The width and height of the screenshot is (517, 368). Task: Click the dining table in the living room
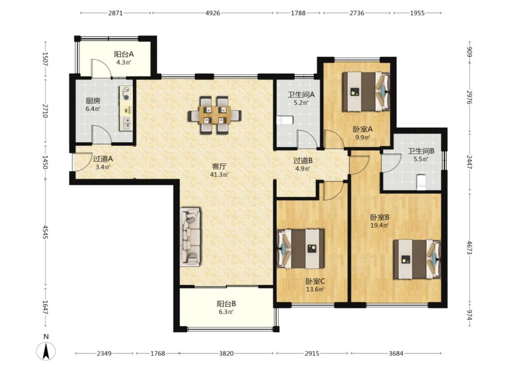[x=215, y=115]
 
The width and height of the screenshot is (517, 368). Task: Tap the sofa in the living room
[x=190, y=236]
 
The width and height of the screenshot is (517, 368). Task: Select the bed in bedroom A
[x=366, y=92]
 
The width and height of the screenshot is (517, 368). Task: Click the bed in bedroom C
[x=301, y=248]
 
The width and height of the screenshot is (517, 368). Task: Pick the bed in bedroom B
[x=417, y=259]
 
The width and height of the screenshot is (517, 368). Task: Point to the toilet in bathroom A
[x=285, y=121]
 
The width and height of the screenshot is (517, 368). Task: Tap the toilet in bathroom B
[x=421, y=183]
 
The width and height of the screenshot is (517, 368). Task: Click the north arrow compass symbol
[x=46, y=351]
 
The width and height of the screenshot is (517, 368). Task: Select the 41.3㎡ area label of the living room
[x=219, y=175]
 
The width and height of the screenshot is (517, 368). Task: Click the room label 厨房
[x=93, y=101]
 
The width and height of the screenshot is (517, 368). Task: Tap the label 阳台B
[x=226, y=304]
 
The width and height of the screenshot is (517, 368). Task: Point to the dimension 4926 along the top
[x=213, y=13]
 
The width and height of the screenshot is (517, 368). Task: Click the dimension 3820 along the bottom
[x=226, y=353]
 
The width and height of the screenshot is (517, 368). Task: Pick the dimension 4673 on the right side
[x=470, y=247]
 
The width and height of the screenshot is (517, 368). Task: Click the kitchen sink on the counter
[x=126, y=123]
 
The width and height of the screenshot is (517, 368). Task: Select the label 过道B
[x=303, y=161]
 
